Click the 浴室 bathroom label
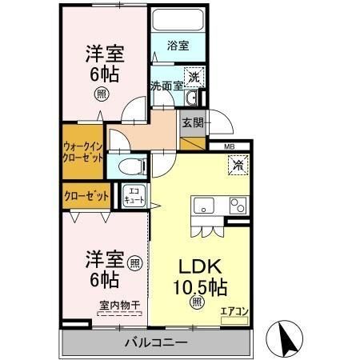tap(178, 46)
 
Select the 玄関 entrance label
tap(192, 123)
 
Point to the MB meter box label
tap(229, 147)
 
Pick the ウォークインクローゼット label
tap(82, 151)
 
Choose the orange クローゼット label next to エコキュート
tap(86, 194)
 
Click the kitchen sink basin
tap(203, 204)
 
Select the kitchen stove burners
tap(238, 205)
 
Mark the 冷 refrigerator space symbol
tap(238, 166)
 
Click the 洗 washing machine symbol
tap(194, 78)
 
